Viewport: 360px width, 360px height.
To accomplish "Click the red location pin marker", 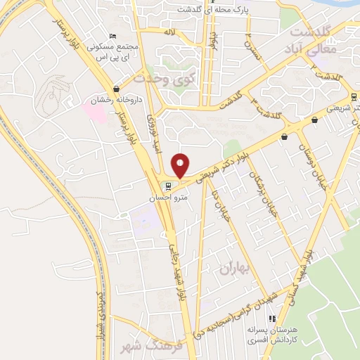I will point(181,165).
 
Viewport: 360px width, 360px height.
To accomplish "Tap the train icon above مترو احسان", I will point(167,186).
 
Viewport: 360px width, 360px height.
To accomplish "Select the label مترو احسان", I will point(167,198).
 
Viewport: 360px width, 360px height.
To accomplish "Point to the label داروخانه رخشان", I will point(115,99).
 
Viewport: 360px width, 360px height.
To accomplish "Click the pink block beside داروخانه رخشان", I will point(96,111).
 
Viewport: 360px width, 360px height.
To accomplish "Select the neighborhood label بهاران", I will point(234,268).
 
